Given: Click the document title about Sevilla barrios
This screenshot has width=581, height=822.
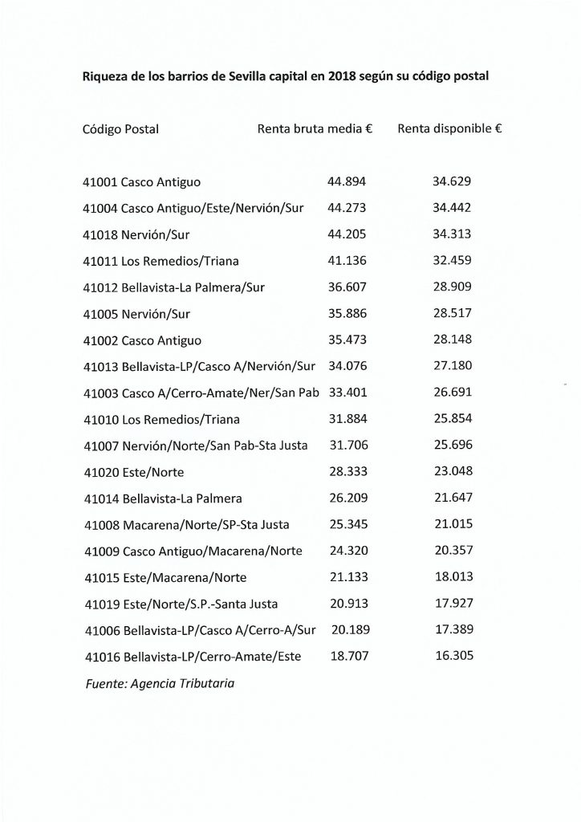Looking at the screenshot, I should [286, 77].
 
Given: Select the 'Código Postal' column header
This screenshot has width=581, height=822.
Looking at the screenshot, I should [120, 128].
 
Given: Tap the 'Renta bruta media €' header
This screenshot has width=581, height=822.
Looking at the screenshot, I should [315, 128].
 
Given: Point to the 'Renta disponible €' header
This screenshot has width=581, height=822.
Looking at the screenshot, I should [450, 128].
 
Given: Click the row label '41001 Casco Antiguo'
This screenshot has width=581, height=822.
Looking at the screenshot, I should [142, 181].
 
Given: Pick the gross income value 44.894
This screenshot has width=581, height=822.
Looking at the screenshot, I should [347, 181].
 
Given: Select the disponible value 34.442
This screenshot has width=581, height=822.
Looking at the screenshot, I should [452, 207].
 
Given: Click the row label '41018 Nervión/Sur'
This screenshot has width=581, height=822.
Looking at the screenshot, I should [136, 234].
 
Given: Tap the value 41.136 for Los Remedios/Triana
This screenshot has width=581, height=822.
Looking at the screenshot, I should [347, 260].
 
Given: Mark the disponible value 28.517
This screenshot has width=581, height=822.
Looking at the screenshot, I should [452, 313].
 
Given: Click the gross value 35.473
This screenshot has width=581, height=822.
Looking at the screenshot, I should [347, 340].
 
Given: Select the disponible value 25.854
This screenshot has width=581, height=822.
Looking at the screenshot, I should [452, 419].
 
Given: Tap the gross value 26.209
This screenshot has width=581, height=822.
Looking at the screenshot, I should [347, 498].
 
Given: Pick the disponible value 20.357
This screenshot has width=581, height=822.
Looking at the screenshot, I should [452, 551].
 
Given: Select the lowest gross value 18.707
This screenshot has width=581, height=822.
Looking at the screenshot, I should [348, 656].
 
